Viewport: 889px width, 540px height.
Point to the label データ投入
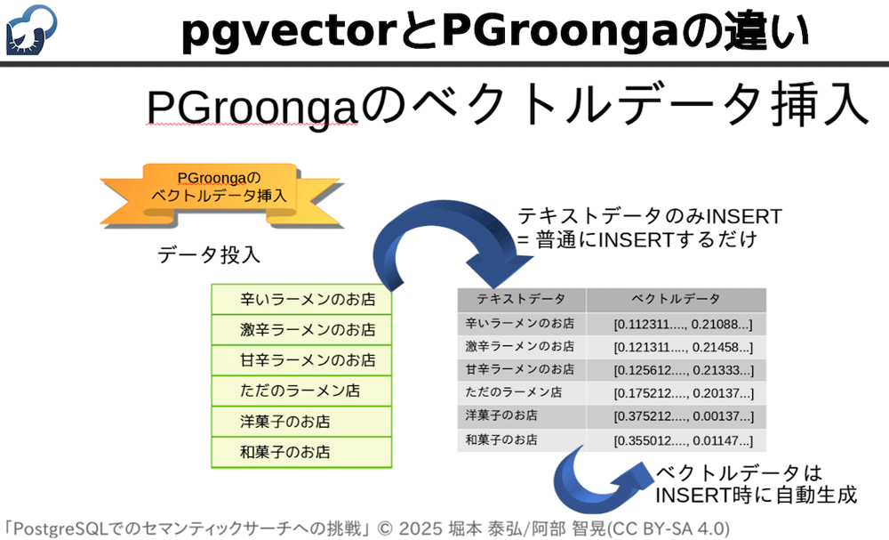click(209, 255)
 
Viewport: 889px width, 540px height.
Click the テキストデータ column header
click(521, 299)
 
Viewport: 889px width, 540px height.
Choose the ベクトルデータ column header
click(676, 299)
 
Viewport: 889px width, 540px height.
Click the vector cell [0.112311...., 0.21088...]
click(683, 323)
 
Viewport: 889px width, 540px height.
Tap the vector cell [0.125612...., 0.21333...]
click(683, 369)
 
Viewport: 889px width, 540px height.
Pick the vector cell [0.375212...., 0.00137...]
click(683, 415)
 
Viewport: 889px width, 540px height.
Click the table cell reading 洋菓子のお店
click(501, 415)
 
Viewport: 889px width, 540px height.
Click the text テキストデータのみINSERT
click(650, 216)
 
